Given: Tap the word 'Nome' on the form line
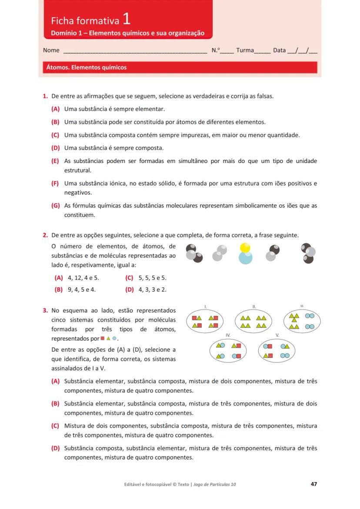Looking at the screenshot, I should tap(51, 50).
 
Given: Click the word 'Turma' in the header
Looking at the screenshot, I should tap(245, 50).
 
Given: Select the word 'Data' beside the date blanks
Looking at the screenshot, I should tap(280, 50).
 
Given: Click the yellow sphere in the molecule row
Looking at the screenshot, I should tap(245, 248).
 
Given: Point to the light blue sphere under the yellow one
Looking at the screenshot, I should tap(245, 257).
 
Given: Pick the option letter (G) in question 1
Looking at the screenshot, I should tap(55, 206).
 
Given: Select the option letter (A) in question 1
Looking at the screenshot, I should tap(55, 109).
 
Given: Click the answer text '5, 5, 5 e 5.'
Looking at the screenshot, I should tap(152, 278).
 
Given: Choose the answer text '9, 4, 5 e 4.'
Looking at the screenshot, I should tap(82, 289).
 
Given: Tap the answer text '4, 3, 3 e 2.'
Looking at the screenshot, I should tap(152, 289).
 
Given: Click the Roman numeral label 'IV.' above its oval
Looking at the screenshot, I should tap(228, 335).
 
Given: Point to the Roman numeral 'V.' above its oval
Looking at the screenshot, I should tap(277, 335).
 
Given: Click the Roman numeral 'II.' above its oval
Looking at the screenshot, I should tap(254, 306).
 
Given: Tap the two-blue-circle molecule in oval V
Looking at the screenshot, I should tap(285, 356).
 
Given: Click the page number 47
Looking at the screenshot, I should tap(313, 484).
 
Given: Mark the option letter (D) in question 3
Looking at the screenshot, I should tap(55, 448).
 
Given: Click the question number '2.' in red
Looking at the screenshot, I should tap(45, 236).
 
